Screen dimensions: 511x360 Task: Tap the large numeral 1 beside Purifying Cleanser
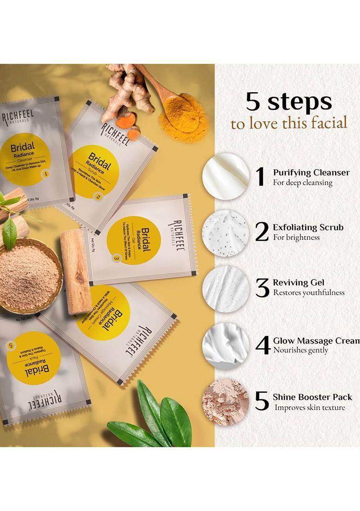click(261, 177)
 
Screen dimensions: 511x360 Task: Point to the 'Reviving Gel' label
click(299, 282)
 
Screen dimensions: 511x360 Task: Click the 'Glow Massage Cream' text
click(316, 341)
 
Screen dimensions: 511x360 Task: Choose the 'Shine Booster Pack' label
click(312, 397)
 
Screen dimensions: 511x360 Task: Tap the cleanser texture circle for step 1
click(226, 177)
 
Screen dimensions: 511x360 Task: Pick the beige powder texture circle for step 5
click(226, 401)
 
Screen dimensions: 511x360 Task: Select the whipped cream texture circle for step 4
click(226, 346)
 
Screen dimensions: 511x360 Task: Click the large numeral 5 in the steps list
click(262, 401)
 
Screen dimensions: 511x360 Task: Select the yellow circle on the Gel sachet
click(134, 240)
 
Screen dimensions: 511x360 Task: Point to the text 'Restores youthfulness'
click(308, 293)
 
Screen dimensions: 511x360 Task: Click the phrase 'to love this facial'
click(289, 124)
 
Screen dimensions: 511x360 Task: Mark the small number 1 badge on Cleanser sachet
click(45, 173)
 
